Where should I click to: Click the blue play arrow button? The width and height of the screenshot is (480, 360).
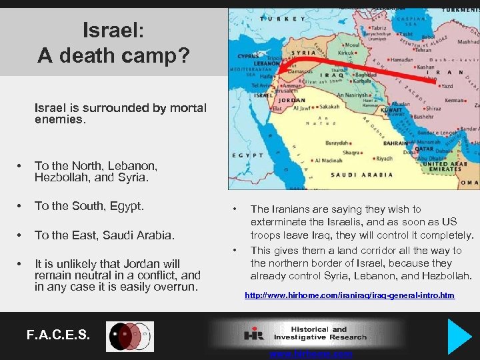coord(459,336)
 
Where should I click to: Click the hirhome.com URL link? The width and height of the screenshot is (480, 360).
coord(350,295)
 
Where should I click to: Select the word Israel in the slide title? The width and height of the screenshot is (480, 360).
coord(109,29)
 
